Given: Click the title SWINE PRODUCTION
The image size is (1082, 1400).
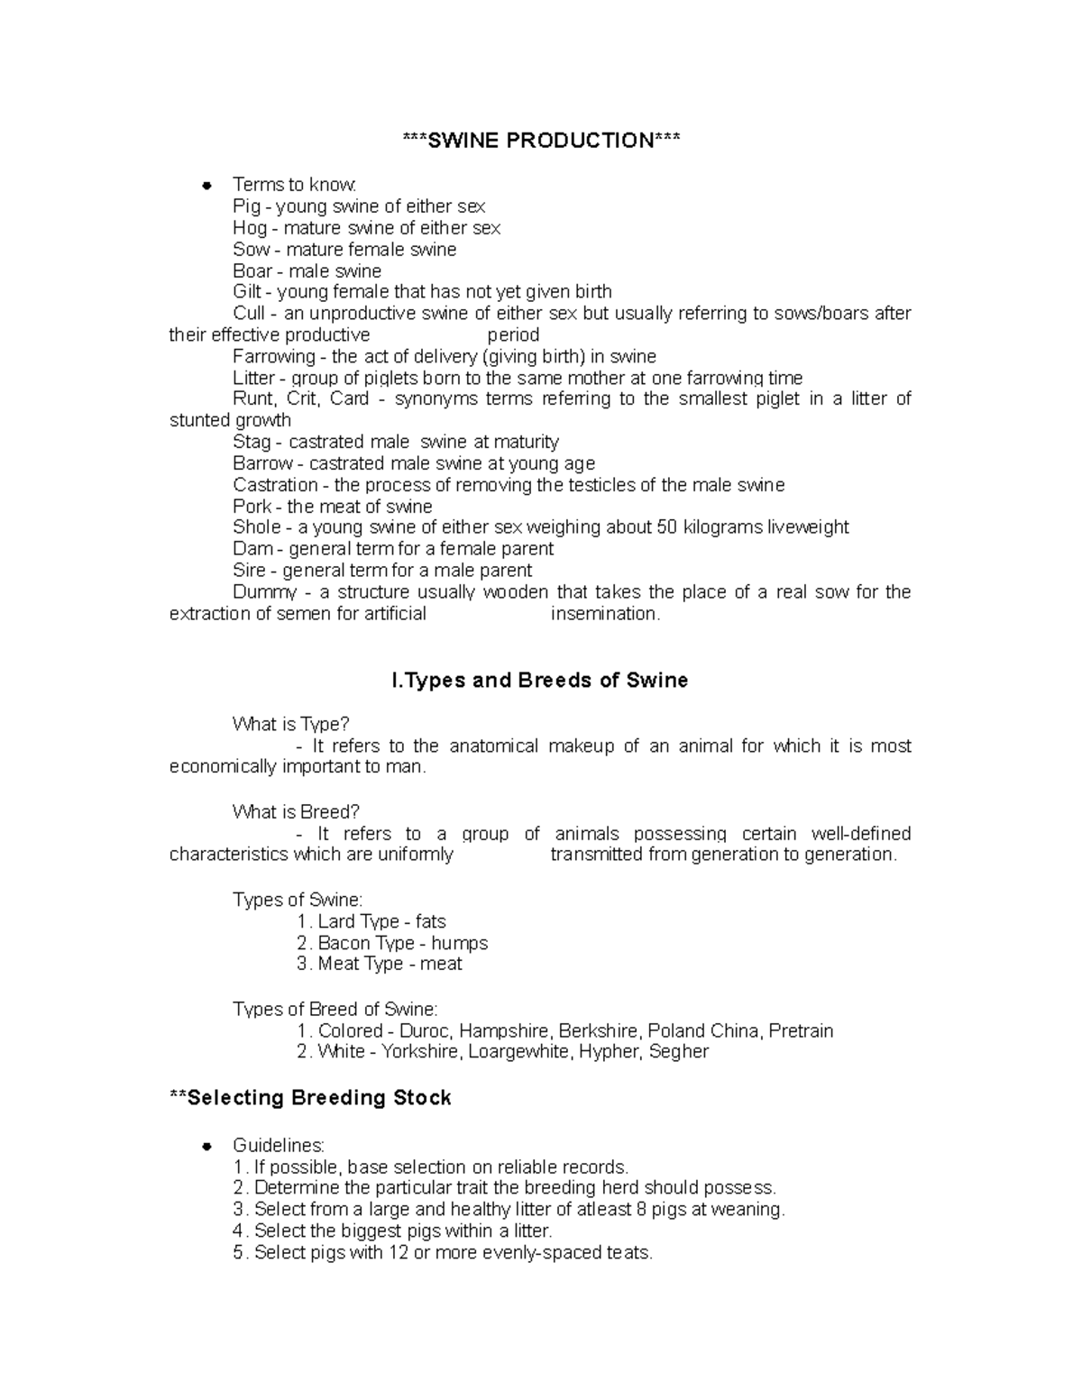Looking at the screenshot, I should [541, 141].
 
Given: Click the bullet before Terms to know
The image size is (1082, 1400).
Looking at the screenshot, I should [206, 186].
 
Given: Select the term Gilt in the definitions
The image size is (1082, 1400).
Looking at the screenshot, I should [247, 292].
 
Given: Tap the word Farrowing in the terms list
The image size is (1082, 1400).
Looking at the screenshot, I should [274, 356].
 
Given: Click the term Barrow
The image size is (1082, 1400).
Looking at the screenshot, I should [262, 463].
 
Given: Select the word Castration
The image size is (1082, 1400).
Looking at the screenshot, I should [275, 485].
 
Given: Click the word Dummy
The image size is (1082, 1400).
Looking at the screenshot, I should [264, 592].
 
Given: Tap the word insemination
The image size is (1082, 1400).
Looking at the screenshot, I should [605, 614].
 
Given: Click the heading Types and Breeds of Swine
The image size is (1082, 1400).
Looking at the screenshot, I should [540, 681].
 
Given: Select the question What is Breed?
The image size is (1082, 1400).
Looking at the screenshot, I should [296, 812].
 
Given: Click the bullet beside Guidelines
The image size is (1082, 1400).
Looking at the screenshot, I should [206, 1147].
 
